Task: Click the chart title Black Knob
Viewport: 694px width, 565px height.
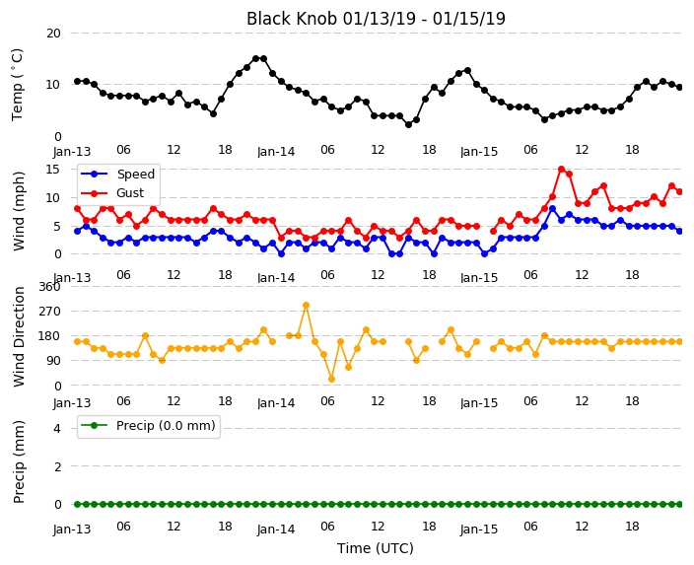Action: pos(292,19)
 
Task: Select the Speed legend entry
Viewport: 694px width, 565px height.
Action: pos(117,174)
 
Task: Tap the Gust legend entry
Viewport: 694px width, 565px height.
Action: pos(112,193)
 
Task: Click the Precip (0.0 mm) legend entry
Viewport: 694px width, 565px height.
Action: pos(148,426)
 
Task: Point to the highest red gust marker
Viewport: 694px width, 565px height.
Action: pos(561,170)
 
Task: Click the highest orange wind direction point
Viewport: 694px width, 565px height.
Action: pos(306,305)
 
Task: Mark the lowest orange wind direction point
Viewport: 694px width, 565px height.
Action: pos(331,379)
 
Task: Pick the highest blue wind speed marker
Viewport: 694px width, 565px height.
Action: pos(552,209)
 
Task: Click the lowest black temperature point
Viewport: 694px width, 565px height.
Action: pos(408,125)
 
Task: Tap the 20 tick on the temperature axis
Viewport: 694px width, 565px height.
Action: pos(53,34)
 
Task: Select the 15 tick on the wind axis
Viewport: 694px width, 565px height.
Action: pos(53,170)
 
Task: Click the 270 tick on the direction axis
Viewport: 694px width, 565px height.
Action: pos(49,312)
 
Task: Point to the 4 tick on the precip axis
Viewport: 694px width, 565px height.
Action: pos(57,428)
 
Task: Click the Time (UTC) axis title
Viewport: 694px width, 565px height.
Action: pos(376,548)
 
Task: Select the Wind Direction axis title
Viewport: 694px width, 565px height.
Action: pos(19,337)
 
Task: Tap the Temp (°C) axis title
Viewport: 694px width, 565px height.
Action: pos(17,85)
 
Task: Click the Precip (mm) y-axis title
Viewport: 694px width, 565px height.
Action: pos(19,461)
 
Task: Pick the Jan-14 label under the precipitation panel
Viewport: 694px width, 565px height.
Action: pos(276,530)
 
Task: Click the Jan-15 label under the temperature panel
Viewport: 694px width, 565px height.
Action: pos(479,152)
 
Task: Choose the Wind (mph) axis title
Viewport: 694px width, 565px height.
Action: pos(19,211)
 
